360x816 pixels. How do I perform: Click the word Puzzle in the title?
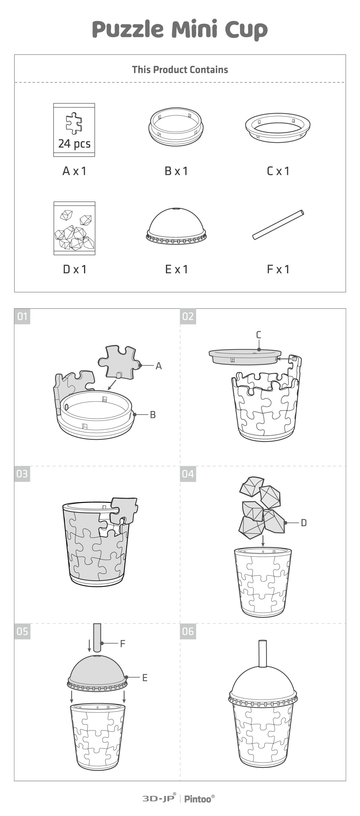[128, 29]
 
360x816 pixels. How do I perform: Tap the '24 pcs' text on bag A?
[74, 144]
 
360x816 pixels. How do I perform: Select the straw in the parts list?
[278, 225]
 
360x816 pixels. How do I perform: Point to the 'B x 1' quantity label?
[176, 171]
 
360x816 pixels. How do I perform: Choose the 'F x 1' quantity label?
[278, 269]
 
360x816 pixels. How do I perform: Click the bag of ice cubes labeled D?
[74, 228]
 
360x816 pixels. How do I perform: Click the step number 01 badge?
[22, 316]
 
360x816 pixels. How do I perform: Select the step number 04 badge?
[188, 474]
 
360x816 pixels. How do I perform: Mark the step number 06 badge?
[188, 631]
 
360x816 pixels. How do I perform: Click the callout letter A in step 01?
[158, 366]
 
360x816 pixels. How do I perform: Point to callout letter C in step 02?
[259, 335]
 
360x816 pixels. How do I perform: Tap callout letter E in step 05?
[145, 678]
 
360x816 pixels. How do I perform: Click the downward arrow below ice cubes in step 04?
[263, 540]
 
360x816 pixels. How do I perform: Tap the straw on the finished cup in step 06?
[262, 653]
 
